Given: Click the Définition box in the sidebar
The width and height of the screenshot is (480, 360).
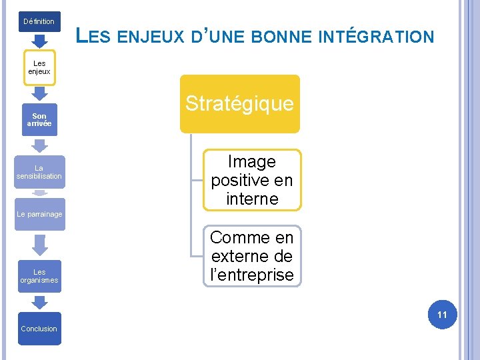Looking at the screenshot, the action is tap(39, 21).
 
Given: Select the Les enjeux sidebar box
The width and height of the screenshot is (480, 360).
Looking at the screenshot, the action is tap(39, 67).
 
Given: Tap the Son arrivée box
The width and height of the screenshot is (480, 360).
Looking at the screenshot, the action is tap(39, 120).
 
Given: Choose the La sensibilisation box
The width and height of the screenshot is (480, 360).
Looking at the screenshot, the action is tap(39, 172).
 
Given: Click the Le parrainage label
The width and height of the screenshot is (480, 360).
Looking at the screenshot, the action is tap(39, 214).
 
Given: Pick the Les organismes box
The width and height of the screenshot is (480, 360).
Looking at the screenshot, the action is tap(39, 276).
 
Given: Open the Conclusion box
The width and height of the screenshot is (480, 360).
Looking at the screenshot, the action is tap(39, 329).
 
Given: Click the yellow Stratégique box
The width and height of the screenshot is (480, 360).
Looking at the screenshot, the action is tap(239, 103).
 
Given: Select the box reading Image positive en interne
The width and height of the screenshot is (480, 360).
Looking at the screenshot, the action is tap(251, 180).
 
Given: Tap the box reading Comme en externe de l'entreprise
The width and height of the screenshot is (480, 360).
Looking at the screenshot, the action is tap(251, 256).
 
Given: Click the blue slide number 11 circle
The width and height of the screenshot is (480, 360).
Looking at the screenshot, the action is tap(442, 314).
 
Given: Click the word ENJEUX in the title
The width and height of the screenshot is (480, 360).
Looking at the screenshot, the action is tap(150, 37).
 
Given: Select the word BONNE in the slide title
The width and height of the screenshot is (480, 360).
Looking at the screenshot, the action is tap(274, 37).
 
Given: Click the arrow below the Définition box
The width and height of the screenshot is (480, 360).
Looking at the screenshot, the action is tap(39, 41).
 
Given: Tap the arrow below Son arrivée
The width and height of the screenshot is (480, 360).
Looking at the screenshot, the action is tap(39, 145).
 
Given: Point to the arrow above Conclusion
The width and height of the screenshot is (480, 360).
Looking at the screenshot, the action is tap(39, 302).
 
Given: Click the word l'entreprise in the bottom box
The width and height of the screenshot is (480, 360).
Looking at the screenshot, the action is tap(252, 275).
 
